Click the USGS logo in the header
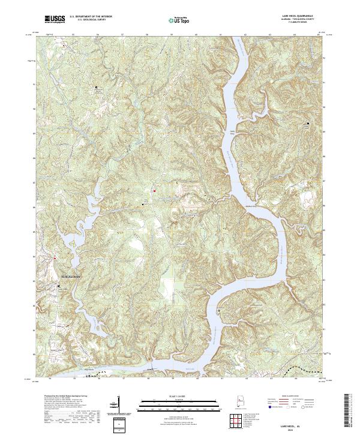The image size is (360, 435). [x=54, y=20]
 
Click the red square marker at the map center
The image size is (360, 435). [x=154, y=191]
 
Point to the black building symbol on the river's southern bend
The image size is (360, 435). [x=220, y=310]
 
